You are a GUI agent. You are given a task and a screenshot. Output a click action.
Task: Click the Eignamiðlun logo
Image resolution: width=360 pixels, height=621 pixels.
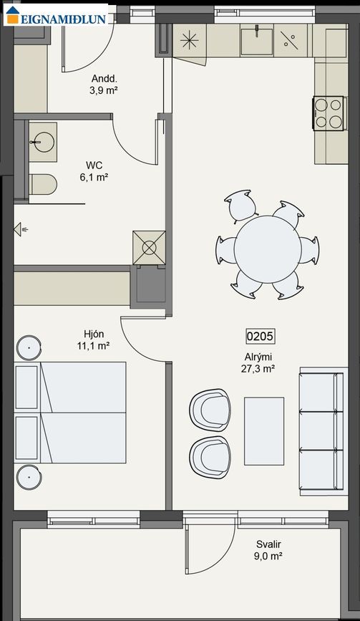(x=56, y=15)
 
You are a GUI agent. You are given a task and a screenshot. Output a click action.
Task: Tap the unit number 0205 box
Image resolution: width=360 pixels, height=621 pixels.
(x=260, y=336)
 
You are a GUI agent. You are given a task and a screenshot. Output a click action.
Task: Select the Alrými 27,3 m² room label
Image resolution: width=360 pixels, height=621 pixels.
(x=258, y=363)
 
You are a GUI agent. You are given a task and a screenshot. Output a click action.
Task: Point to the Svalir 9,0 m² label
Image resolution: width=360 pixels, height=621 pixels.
(x=268, y=550)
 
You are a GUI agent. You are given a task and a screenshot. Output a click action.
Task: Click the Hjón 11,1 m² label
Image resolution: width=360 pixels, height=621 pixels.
(x=93, y=340)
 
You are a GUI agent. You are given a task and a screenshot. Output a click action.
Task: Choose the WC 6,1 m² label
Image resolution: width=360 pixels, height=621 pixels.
(x=94, y=171)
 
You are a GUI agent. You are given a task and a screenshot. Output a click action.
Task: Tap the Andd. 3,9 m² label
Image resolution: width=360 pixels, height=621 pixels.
(x=104, y=84)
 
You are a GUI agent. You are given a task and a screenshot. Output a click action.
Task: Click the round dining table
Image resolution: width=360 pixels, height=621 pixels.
(x=268, y=249)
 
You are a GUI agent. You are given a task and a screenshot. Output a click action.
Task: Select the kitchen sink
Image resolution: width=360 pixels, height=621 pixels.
(x=257, y=40)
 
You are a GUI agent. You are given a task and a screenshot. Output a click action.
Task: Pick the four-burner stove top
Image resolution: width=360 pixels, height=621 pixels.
(x=329, y=113)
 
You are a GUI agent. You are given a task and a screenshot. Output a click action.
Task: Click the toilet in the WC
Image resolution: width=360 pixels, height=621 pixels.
(x=43, y=185)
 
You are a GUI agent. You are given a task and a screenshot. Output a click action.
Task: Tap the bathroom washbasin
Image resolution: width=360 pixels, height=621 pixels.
(x=43, y=142)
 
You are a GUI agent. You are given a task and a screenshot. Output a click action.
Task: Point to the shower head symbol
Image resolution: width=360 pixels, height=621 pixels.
(x=21, y=229)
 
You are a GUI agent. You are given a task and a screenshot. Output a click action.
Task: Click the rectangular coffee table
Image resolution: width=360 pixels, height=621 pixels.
(x=264, y=431)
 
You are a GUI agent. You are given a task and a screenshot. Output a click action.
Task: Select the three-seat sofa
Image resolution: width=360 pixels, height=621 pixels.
(x=321, y=431)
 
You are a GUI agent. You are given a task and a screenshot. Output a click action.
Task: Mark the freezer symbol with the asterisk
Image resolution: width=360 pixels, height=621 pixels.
(x=190, y=40)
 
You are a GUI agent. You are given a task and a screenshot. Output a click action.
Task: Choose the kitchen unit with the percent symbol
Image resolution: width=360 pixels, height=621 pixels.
(x=291, y=40)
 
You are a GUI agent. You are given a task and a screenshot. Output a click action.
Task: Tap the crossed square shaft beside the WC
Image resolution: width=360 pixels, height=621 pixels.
(x=149, y=248)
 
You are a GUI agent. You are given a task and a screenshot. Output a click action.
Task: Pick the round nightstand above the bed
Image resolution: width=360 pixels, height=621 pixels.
(x=29, y=347)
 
